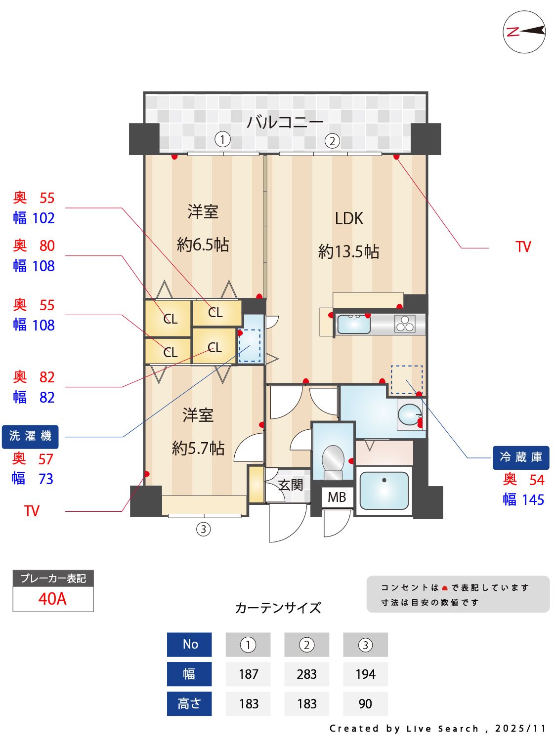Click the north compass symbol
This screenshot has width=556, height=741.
pos(524,32)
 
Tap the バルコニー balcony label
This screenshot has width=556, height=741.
pos(285,122)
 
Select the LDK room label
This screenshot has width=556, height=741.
pos(349,218)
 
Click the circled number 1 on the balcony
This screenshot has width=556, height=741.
pos(222,140)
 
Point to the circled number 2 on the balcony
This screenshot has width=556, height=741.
pos(332,141)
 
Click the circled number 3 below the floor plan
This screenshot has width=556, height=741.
pos(203,529)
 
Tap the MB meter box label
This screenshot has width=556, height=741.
pos(337,497)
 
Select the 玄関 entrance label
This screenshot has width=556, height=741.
pos(290,485)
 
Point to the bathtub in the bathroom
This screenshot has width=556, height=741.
pos(384,491)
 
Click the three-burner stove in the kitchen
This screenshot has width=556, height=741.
pos(405,324)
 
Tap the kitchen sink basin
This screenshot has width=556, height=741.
pos(353,324)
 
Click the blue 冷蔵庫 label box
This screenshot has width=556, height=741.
pos(521,457)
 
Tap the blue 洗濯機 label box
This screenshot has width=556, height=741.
pos(30,436)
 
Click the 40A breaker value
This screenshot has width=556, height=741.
pos(53,599)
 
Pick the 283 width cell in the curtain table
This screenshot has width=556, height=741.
pos(306,674)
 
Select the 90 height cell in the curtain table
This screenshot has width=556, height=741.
pos(365,704)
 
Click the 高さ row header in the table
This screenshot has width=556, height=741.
pos(189,704)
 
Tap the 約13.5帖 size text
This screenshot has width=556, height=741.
pos(348,252)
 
